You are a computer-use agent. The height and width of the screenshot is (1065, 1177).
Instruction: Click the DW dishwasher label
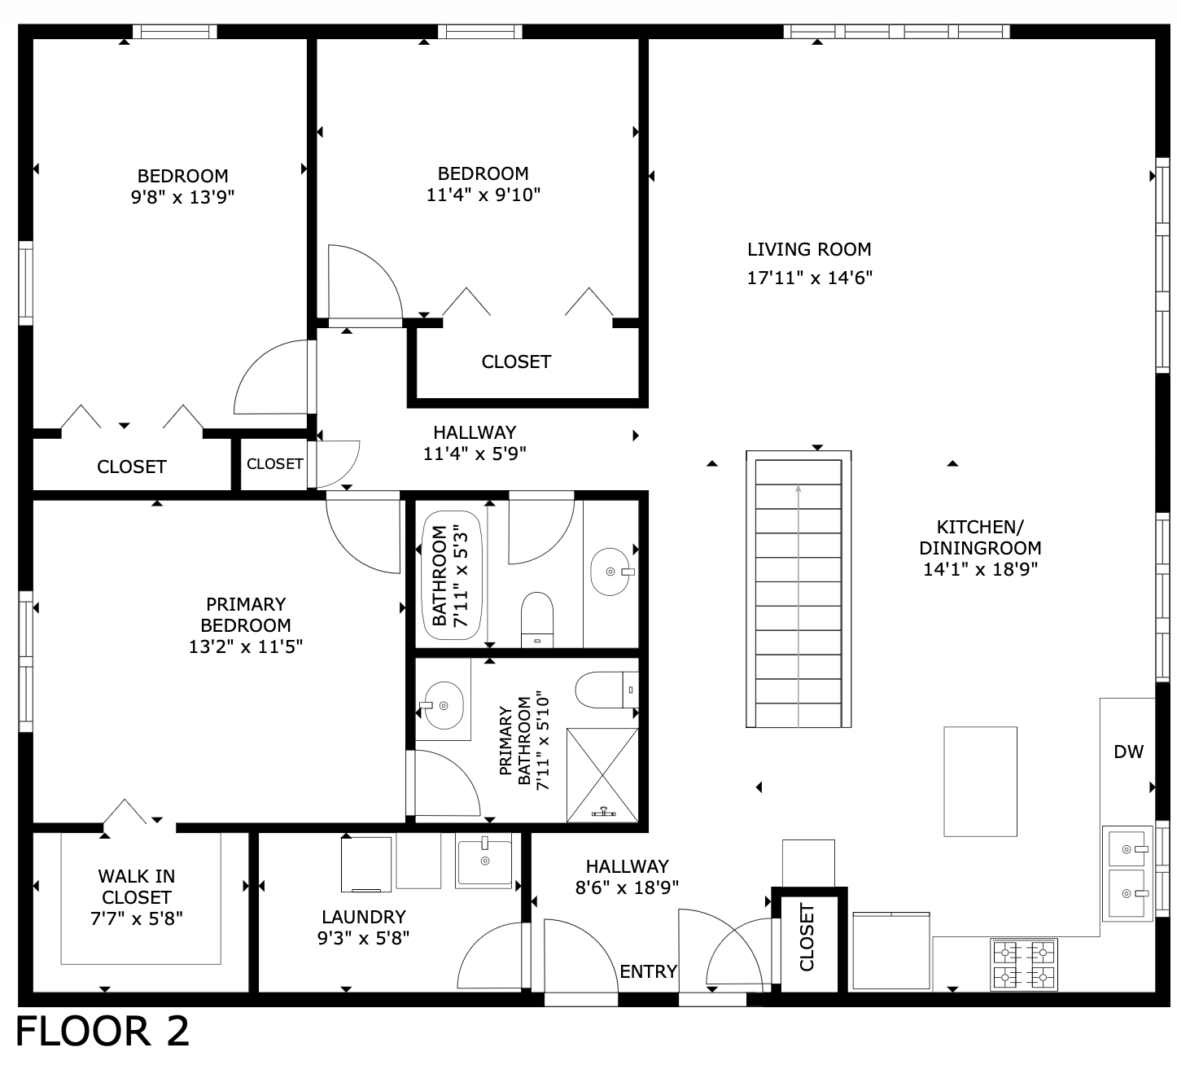pyautogui.click(x=1128, y=752)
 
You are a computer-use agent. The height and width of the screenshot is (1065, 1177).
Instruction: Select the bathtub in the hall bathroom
pyautogui.click(x=452, y=576)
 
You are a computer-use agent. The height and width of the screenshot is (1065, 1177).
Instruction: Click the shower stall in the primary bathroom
pyautogui.click(x=602, y=774)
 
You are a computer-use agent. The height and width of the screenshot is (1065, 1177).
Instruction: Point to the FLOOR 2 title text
pyautogui.click(x=103, y=1032)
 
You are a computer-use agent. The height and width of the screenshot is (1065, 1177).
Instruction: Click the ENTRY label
pyautogui.click(x=648, y=971)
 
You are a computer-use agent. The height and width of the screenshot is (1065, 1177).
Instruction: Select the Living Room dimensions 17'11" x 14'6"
pyautogui.click(x=809, y=278)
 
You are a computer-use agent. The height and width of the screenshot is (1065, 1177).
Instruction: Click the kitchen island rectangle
pyautogui.click(x=980, y=781)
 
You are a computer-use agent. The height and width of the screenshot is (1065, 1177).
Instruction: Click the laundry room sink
pyautogui.click(x=484, y=862)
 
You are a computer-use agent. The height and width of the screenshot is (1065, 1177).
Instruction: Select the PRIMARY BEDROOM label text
pyautogui.click(x=246, y=615)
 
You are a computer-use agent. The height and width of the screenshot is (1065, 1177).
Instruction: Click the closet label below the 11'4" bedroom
pyautogui.click(x=516, y=362)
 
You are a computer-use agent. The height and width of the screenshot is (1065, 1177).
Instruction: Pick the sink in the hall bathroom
pyautogui.click(x=610, y=572)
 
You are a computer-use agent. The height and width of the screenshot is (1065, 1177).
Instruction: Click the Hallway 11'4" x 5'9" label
pyautogui.click(x=475, y=443)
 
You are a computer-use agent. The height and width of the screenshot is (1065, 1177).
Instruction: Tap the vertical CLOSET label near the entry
pyautogui.click(x=807, y=937)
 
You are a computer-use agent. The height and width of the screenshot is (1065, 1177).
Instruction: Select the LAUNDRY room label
pyautogui.click(x=363, y=917)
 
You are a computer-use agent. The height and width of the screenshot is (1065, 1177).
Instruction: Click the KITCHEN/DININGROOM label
pyautogui.click(x=980, y=537)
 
